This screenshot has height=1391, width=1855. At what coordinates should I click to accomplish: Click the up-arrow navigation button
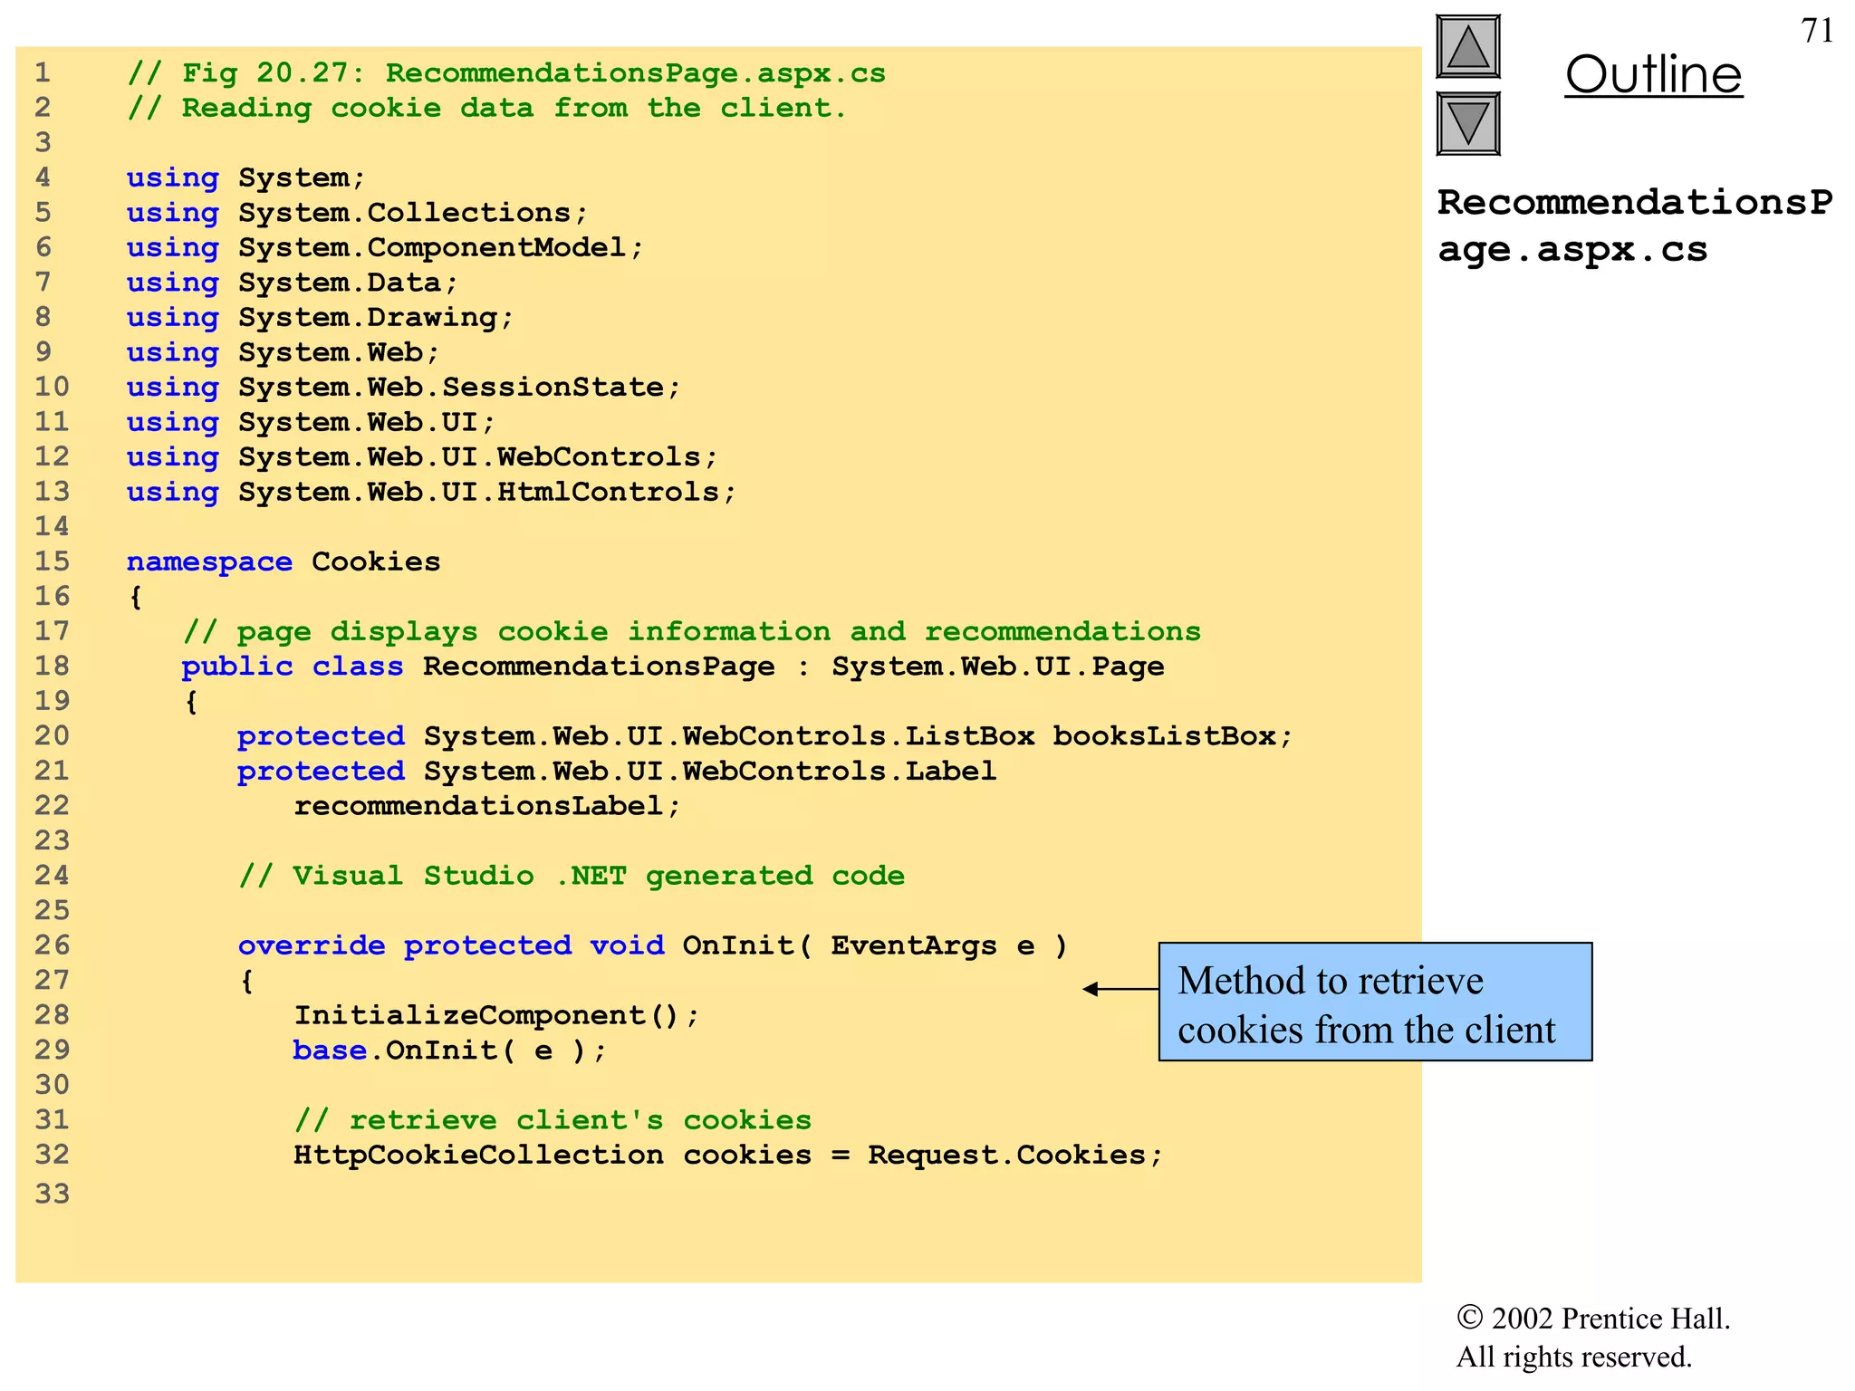(x=1468, y=46)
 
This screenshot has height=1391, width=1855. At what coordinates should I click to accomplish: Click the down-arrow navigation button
(x=1468, y=123)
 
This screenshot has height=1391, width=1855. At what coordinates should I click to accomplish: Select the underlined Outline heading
(x=1653, y=74)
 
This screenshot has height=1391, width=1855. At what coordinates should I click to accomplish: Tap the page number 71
(x=1817, y=31)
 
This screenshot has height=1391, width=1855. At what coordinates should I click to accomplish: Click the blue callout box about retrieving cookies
(x=1374, y=1002)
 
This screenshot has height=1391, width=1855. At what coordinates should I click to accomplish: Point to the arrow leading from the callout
(x=1120, y=989)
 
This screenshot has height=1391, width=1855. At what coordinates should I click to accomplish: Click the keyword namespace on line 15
(x=209, y=561)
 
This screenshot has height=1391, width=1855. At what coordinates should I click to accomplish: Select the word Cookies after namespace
(x=376, y=561)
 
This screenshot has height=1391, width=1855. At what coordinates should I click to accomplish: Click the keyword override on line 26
(x=312, y=945)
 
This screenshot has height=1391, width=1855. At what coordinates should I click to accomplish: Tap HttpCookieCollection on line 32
(x=478, y=1155)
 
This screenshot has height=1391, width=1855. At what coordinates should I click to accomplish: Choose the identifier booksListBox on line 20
(x=1165, y=736)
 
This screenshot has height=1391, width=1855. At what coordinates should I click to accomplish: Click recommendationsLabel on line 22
(x=478, y=805)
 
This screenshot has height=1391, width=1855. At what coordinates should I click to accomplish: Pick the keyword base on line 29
(x=330, y=1050)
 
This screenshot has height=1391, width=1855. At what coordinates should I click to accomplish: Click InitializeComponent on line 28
(x=469, y=1015)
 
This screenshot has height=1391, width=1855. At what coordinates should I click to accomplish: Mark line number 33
(x=53, y=1194)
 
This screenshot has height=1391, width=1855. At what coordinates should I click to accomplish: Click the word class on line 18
(x=358, y=667)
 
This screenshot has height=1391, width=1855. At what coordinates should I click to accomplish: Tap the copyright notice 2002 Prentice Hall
(x=1593, y=1319)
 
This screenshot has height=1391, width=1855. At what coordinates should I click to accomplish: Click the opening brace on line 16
(x=136, y=597)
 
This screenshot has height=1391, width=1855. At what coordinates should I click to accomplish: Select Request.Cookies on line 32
(x=1006, y=1155)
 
